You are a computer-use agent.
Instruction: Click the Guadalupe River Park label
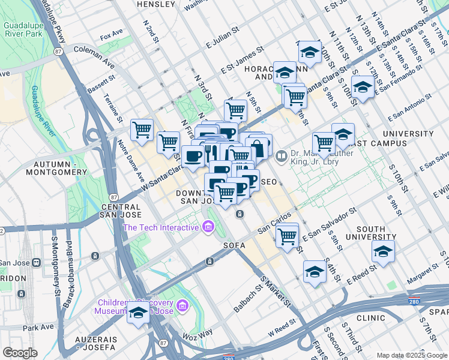[23, 31]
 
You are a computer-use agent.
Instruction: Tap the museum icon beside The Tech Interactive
[208, 227]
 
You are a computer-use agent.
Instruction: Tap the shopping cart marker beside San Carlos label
[288, 235]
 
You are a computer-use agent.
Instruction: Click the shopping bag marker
[258, 146]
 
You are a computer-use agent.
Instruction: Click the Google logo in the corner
[20, 353]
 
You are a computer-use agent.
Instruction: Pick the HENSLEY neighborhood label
[156, 4]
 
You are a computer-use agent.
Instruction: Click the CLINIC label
[370, 318]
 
